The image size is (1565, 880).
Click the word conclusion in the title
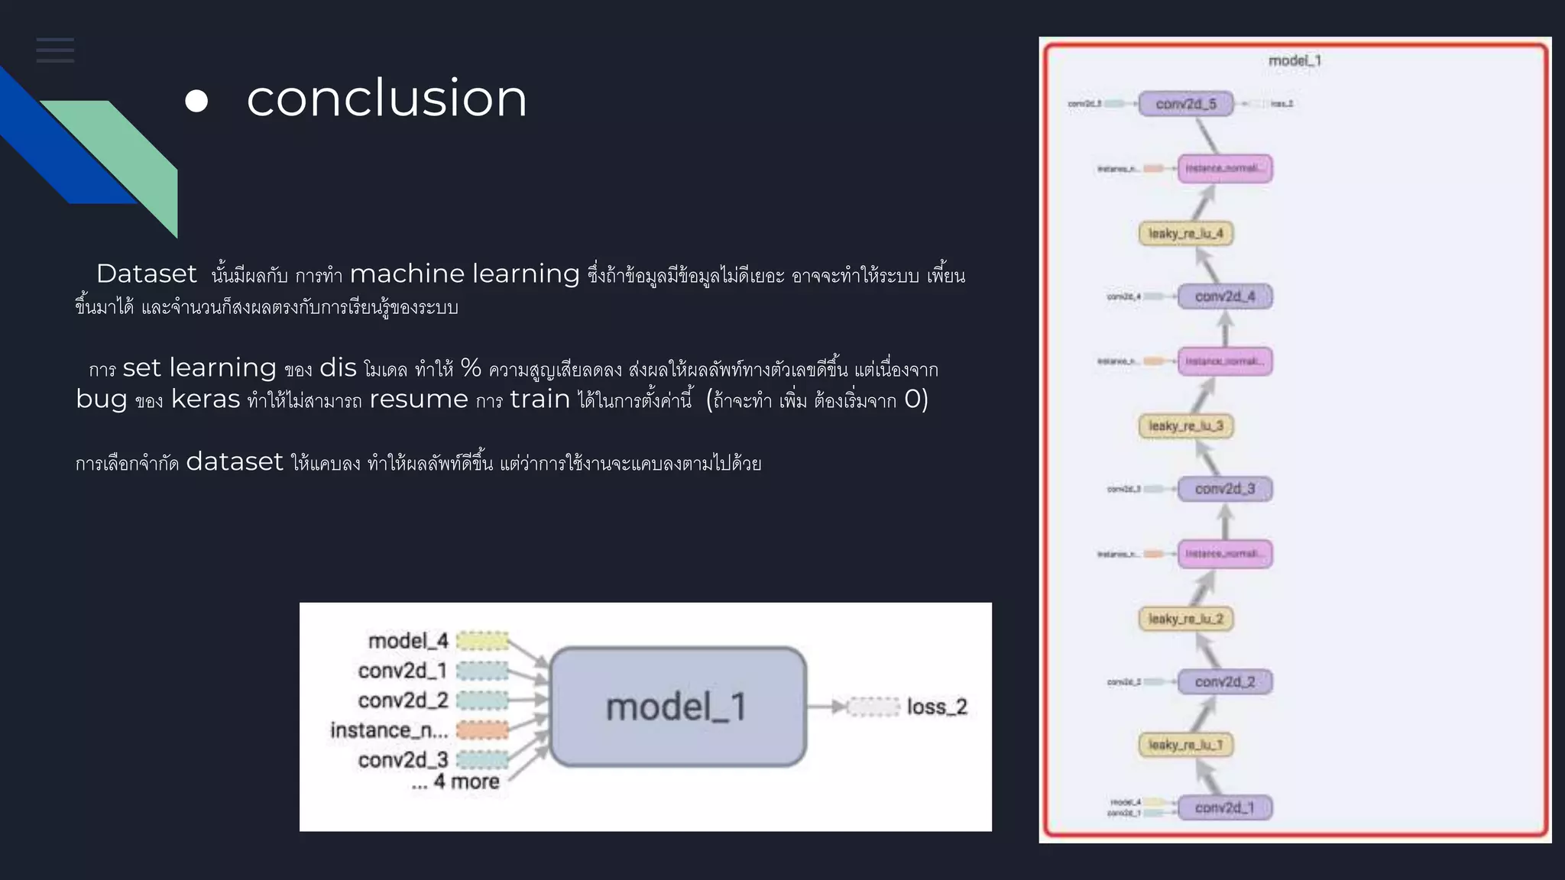point(387,99)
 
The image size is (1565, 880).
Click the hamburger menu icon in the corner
point(55,50)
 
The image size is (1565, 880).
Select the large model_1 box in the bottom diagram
point(677,707)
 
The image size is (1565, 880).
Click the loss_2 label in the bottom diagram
point(936,707)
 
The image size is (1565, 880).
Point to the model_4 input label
point(408,641)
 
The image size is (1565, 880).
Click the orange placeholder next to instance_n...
point(482,730)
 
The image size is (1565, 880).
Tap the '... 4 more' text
point(455,782)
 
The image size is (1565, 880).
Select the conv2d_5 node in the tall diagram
point(1186,104)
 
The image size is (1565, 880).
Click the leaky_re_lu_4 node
point(1185,234)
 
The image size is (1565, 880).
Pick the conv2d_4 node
point(1224,296)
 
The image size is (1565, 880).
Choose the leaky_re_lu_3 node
point(1185,426)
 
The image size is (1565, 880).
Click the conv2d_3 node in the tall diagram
point(1224,489)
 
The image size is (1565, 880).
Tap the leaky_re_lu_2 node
point(1185,619)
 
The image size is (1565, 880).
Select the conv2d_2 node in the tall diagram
point(1224,681)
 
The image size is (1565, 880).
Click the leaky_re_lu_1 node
point(1185,745)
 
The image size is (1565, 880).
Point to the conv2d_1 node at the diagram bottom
point(1224,807)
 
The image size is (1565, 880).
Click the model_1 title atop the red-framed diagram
point(1294,61)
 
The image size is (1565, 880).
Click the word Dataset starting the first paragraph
point(147,273)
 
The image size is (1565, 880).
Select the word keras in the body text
point(205,400)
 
